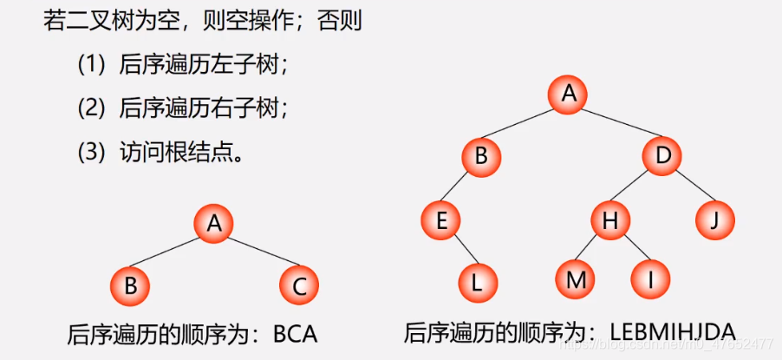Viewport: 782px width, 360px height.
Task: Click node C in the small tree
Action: click(x=300, y=285)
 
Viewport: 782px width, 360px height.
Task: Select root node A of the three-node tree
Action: click(x=214, y=224)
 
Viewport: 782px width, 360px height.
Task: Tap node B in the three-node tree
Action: click(x=130, y=285)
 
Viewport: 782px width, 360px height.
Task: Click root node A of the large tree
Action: click(x=570, y=94)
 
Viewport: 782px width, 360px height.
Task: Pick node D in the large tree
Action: click(x=663, y=156)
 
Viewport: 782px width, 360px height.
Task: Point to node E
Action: click(x=441, y=220)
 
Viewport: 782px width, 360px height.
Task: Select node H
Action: click(x=610, y=220)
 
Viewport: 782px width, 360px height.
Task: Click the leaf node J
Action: click(x=715, y=220)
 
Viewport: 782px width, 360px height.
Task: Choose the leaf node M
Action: click(x=576, y=279)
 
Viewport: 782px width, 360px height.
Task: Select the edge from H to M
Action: click(x=593, y=250)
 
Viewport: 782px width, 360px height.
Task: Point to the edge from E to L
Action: click(x=459, y=252)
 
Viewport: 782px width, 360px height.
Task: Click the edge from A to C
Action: click(x=257, y=254)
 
